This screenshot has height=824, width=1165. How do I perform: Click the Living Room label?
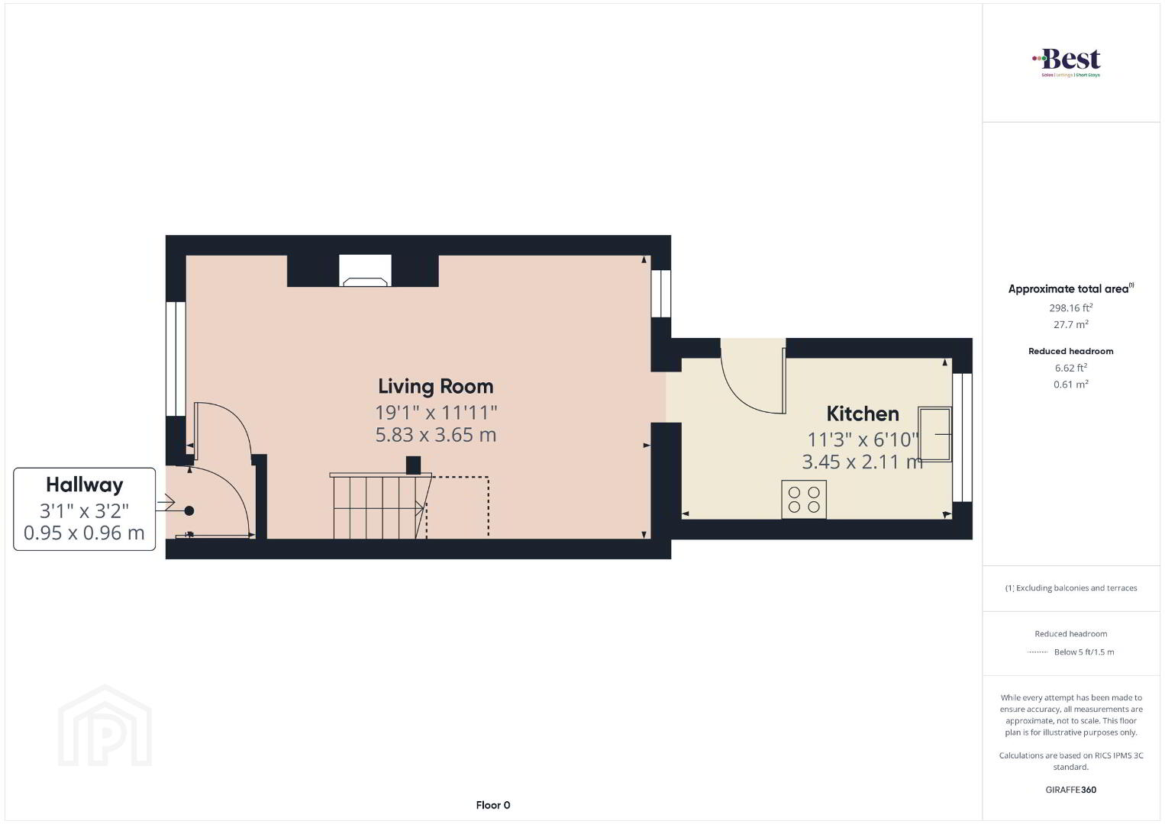(x=435, y=386)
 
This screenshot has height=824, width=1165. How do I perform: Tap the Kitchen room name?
(x=863, y=414)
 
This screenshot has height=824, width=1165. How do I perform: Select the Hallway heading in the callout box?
(x=84, y=484)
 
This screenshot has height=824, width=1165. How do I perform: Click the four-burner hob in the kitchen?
(x=804, y=499)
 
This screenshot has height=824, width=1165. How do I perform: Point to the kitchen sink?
(x=934, y=434)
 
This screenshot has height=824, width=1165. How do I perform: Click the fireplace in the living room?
(x=365, y=270)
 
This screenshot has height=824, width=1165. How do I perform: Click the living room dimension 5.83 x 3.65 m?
(x=436, y=435)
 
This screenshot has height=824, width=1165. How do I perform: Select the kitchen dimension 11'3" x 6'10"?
(x=863, y=439)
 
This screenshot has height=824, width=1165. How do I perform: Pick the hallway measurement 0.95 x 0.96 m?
(x=84, y=533)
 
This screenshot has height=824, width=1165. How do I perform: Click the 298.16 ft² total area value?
(x=1071, y=307)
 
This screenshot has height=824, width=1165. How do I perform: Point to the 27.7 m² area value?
(x=1071, y=324)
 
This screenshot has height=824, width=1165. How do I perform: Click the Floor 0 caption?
(x=493, y=805)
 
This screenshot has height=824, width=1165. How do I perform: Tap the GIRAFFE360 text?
(x=1071, y=790)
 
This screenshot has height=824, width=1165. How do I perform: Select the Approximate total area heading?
(x=1071, y=288)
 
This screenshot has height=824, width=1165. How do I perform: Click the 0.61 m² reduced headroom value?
(x=1071, y=385)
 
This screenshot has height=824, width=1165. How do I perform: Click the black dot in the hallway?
(x=189, y=510)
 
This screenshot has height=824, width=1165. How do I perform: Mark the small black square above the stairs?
(x=413, y=465)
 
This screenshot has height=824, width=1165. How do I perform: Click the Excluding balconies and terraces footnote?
(x=1071, y=588)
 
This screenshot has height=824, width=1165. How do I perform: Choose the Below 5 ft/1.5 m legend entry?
(x=1084, y=652)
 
